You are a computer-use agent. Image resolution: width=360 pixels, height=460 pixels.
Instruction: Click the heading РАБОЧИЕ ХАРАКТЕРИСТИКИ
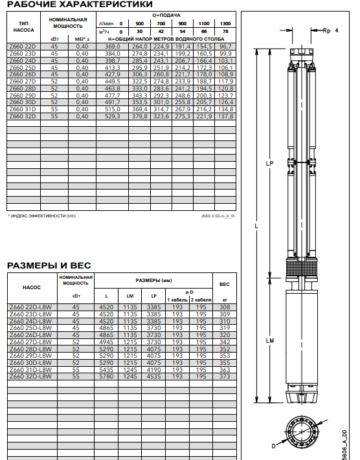(80, 4)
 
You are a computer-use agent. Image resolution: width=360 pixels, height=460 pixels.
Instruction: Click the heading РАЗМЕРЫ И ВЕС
(49, 265)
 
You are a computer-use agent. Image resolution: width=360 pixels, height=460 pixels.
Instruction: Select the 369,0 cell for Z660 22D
(113, 47)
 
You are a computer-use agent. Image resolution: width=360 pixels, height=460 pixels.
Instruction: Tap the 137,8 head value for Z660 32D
(225, 116)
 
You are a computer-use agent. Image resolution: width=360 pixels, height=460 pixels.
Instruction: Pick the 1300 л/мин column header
(225, 23)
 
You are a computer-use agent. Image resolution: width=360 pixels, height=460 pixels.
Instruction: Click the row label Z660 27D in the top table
(23, 82)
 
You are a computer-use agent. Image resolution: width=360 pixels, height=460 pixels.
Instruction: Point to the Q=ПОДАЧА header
(166, 16)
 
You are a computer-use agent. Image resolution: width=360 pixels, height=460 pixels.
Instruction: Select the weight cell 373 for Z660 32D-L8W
(225, 377)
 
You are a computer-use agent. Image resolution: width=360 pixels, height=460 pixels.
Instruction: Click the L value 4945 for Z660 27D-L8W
(106, 342)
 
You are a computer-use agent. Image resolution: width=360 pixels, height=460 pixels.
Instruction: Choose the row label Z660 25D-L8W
(30, 328)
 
